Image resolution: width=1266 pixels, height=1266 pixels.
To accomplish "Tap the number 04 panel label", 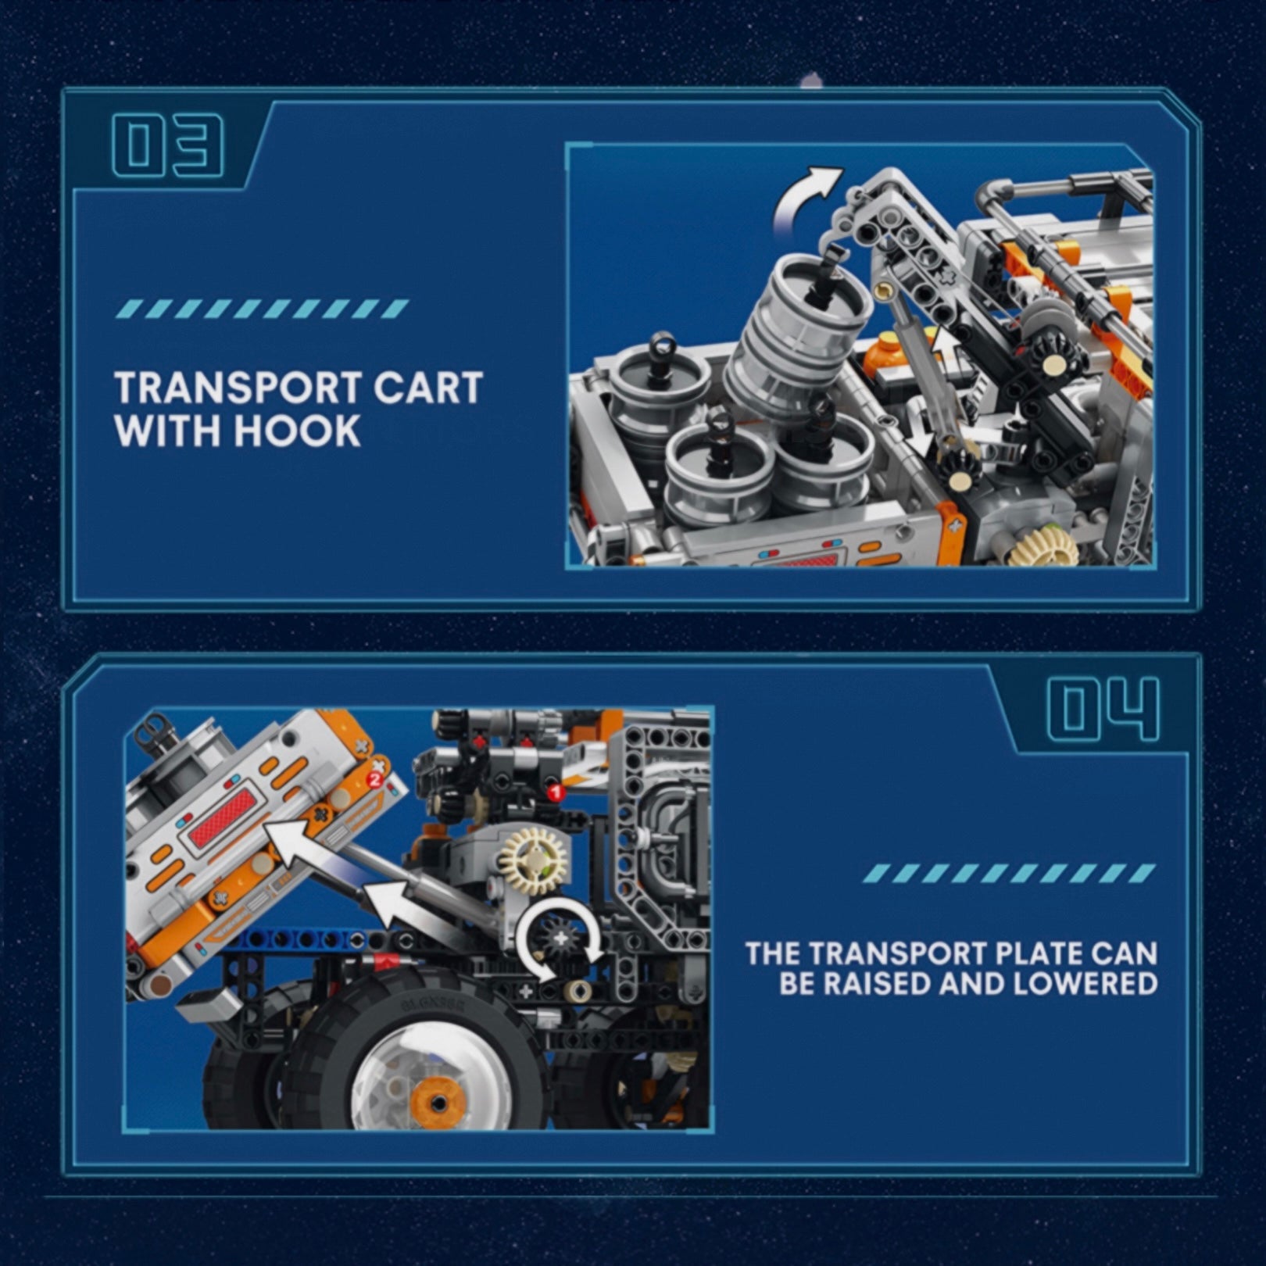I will [x=1103, y=709].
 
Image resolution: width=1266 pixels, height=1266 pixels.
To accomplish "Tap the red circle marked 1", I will [x=556, y=792].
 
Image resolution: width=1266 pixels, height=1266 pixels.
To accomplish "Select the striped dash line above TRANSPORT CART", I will [x=261, y=309].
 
